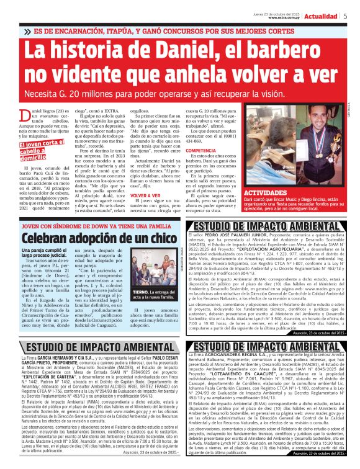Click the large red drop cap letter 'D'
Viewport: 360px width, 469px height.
(x=25, y=115)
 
